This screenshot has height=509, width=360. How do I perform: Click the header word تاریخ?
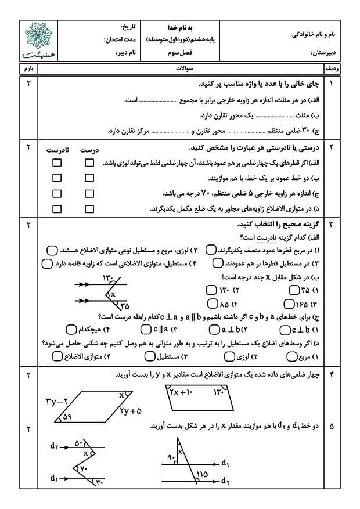point(129,28)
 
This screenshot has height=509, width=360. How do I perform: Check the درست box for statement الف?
point(89,163)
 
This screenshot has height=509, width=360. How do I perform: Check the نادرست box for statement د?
point(57,209)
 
